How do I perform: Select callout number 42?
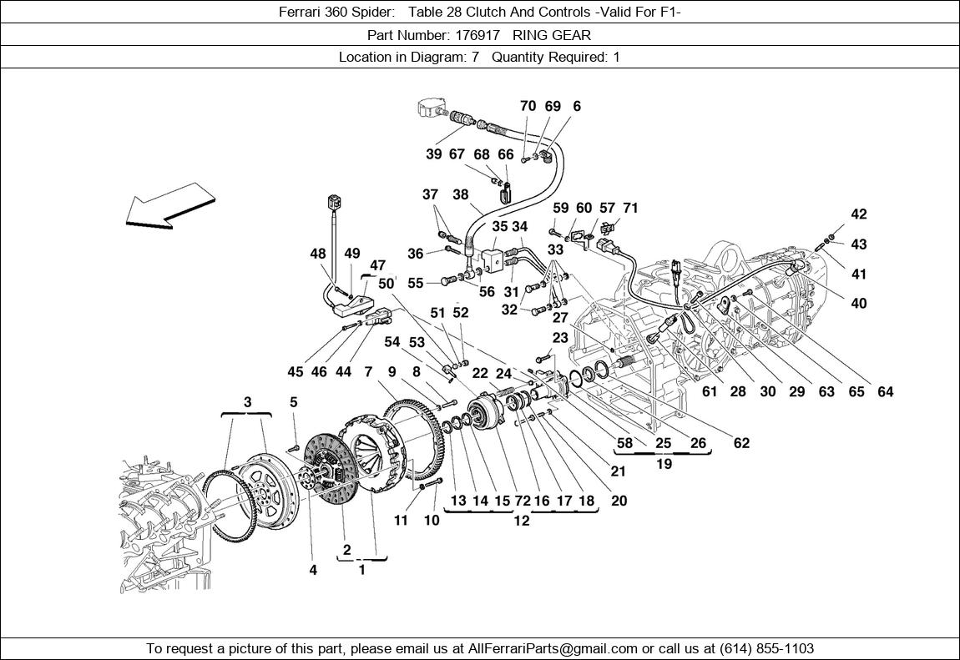pyautogui.click(x=859, y=214)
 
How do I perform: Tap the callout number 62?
pyautogui.click(x=741, y=443)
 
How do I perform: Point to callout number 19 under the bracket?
pyautogui.click(x=664, y=464)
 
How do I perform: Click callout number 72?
pyautogui.click(x=523, y=501)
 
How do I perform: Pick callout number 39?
pyautogui.click(x=433, y=154)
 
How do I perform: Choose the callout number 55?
pyautogui.click(x=415, y=284)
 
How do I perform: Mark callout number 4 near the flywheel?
pyautogui.click(x=313, y=571)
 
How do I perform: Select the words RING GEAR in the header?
pyautogui.click(x=552, y=35)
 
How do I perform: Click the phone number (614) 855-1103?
pyautogui.click(x=762, y=648)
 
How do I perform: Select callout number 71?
pyautogui.click(x=630, y=208)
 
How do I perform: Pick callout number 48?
pyautogui.click(x=318, y=254)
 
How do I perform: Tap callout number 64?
pyautogui.click(x=885, y=392)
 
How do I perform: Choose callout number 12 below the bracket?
pyautogui.click(x=522, y=521)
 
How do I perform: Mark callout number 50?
pyautogui.click(x=386, y=284)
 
